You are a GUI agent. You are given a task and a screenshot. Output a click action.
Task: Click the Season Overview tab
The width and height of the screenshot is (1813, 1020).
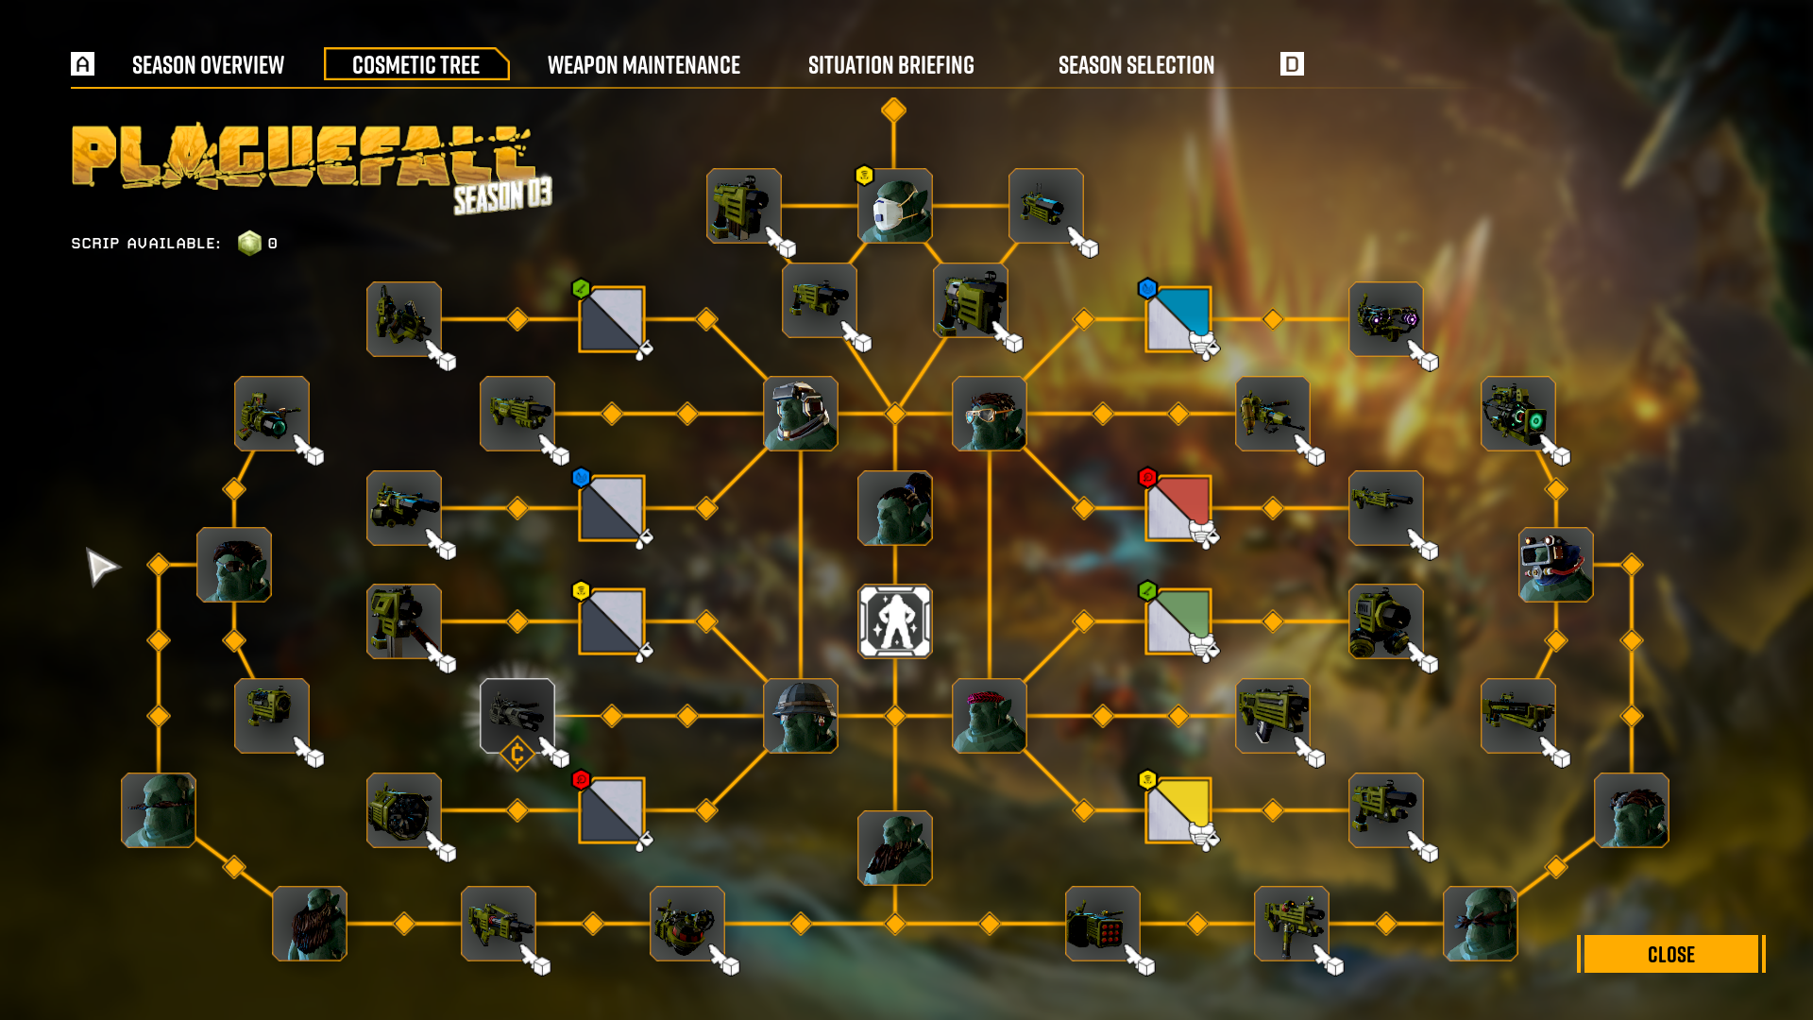(208, 65)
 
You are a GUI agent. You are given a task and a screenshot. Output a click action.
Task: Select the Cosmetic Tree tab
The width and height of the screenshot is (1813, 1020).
(415, 65)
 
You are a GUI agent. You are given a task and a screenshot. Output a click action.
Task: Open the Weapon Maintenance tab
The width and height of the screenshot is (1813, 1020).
(643, 65)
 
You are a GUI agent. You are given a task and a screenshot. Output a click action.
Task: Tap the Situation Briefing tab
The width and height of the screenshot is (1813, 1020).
(890, 65)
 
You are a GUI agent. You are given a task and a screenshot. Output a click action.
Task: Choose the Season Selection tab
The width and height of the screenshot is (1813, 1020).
(1136, 65)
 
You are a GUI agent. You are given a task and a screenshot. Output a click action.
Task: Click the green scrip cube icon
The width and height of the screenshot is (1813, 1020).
(249, 244)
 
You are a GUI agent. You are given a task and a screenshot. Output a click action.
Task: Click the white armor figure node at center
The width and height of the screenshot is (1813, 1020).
(894, 621)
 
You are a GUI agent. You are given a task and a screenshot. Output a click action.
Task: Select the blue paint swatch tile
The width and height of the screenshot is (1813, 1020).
(1178, 319)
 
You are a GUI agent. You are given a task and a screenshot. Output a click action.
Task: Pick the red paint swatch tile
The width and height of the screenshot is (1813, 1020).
(1178, 508)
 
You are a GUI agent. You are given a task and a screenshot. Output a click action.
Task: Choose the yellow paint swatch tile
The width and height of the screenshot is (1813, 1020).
(1178, 810)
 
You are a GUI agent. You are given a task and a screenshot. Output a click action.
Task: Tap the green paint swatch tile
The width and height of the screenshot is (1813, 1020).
(1178, 621)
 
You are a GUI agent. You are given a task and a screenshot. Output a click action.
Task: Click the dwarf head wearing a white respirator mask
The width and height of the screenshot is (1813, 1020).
(894, 206)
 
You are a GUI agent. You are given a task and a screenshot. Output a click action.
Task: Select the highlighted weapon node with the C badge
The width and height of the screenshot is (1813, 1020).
(517, 716)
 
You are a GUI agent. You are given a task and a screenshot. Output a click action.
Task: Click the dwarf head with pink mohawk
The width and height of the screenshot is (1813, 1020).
(989, 716)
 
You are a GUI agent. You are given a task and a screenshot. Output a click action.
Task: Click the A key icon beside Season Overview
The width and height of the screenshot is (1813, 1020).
(82, 64)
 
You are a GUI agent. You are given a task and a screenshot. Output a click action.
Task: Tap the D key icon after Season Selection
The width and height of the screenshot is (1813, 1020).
(1292, 64)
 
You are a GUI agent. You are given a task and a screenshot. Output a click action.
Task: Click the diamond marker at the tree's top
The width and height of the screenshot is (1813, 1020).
(893, 110)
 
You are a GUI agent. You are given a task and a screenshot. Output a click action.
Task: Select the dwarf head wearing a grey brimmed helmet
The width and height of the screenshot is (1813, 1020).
(800, 716)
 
